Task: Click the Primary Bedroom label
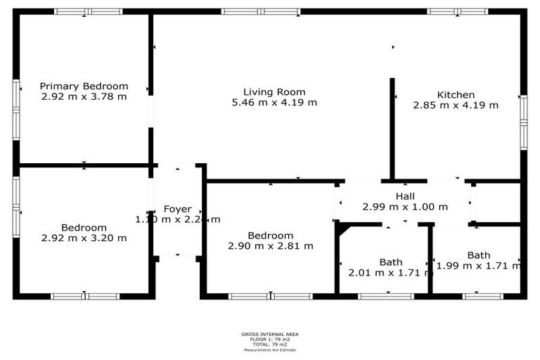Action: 84,86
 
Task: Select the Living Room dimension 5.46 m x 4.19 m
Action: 274,103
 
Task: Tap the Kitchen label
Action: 456,95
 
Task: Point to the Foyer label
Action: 177,209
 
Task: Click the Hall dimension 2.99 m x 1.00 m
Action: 405,207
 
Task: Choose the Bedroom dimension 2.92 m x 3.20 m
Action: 84,238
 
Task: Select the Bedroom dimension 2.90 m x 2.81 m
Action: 271,245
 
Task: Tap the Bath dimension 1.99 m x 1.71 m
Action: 478,265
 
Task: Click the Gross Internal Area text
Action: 270,335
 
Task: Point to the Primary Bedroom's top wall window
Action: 89,11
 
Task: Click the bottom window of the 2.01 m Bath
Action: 386,296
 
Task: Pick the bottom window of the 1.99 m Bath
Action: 482,296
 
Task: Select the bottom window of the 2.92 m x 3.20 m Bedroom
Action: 84,296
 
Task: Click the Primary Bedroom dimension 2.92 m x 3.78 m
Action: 84,96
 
